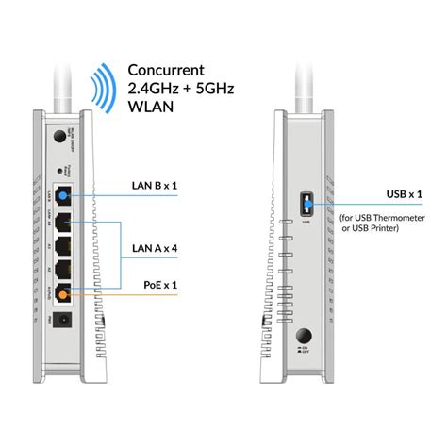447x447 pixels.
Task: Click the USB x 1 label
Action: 388,195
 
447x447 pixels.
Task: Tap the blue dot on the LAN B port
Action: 64,196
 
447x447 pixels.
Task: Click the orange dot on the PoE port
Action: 63,293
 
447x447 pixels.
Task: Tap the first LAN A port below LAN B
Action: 64,224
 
